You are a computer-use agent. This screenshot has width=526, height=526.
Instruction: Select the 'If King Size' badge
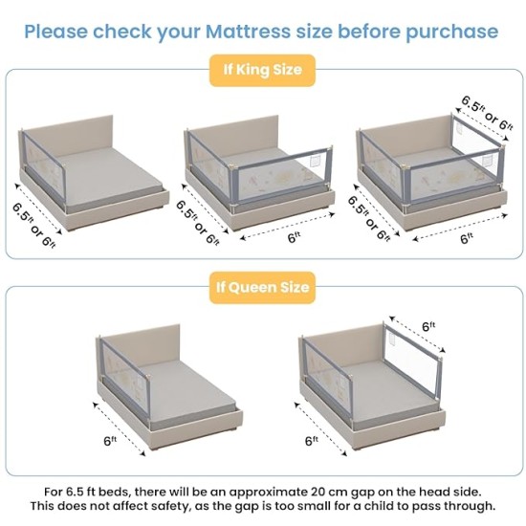[262, 70]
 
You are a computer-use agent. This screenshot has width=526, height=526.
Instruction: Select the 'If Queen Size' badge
[262, 286]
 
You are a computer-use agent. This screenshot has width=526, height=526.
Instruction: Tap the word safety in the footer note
[170, 506]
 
